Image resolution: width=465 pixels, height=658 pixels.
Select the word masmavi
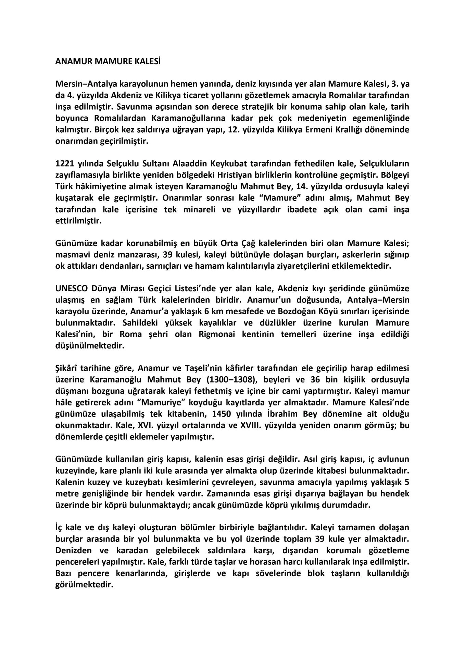70,255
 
